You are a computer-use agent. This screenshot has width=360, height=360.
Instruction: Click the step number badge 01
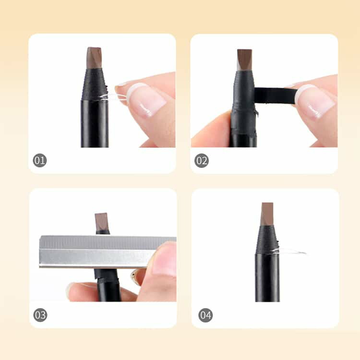40,160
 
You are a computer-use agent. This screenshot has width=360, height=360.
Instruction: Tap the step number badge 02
202,160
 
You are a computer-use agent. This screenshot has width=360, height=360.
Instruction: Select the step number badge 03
40,315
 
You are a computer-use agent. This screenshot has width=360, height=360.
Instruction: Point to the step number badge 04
205,315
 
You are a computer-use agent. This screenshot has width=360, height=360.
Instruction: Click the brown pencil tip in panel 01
94,58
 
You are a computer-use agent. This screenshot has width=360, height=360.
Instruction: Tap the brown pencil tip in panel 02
244,59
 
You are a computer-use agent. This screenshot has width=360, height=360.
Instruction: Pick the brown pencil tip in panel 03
101,222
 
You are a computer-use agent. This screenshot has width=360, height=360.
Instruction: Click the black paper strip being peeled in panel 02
275,96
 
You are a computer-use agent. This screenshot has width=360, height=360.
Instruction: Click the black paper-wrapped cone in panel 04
267,240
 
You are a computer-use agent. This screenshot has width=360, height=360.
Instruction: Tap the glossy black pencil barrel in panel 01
95,123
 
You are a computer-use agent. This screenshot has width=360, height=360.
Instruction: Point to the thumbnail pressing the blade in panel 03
164,259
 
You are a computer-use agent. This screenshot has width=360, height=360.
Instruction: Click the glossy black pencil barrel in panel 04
267,277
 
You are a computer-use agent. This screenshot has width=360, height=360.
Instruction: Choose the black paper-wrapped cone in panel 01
95,84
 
